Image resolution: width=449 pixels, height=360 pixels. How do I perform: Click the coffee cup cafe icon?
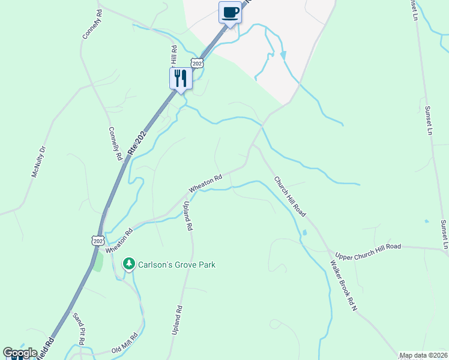tap(231, 12)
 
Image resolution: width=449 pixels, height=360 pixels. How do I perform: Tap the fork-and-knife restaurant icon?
tap(180, 77)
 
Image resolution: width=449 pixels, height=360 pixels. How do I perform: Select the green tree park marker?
tap(128, 264)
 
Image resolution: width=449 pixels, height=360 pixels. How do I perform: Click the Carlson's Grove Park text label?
tap(176, 265)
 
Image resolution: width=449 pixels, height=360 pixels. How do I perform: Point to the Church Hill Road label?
tap(290, 197)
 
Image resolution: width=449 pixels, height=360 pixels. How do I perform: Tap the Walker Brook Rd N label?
tap(344, 285)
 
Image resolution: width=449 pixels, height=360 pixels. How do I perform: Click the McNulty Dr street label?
tap(38, 162)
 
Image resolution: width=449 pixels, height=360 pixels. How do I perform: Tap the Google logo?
tap(20, 353)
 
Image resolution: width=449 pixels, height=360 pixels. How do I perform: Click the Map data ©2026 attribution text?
tap(423, 355)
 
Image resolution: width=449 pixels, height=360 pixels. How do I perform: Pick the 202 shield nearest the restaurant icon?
tap(197, 62)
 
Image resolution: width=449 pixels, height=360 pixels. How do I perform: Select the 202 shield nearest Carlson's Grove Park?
tap(98, 240)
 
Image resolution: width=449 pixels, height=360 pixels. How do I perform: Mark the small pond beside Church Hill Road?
tap(304, 232)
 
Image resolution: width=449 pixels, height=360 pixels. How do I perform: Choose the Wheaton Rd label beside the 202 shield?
tap(119, 240)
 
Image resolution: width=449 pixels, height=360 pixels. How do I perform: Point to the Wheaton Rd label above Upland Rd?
tap(205, 182)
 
